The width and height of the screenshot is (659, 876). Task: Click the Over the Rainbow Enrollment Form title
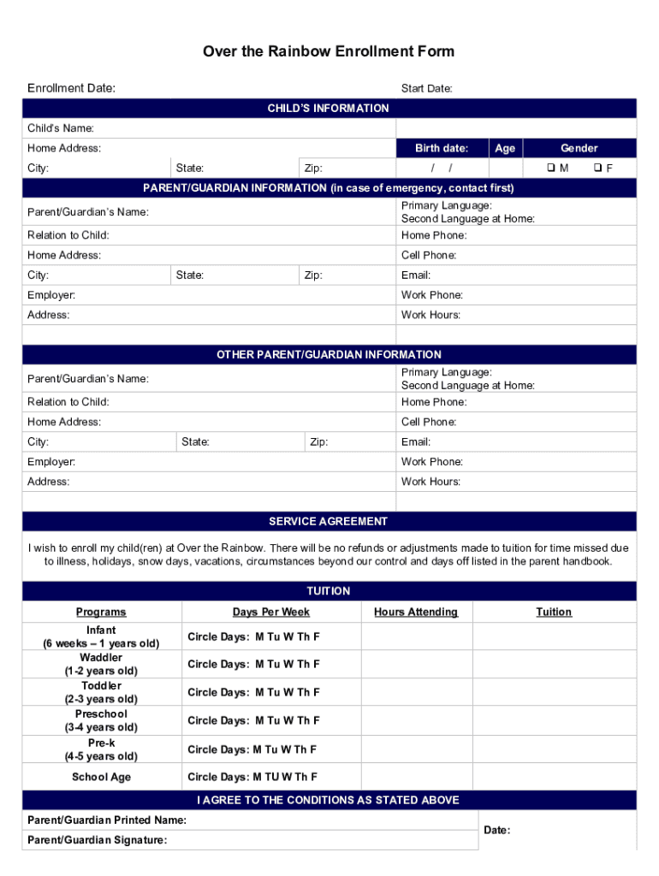pyautogui.click(x=329, y=52)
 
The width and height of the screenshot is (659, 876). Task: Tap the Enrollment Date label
pyautogui.click(x=71, y=88)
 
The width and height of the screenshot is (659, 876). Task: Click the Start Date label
pyautogui.click(x=426, y=89)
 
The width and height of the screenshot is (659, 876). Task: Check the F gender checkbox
pyautogui.click(x=598, y=168)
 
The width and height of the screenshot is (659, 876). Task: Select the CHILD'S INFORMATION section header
pyautogui.click(x=329, y=109)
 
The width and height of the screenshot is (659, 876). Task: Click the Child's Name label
pyautogui.click(x=61, y=128)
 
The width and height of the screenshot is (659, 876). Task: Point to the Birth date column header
pyautogui.click(x=442, y=148)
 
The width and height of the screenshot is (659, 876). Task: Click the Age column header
pyautogui.click(x=505, y=148)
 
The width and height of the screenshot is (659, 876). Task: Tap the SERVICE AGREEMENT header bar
pyautogui.click(x=329, y=521)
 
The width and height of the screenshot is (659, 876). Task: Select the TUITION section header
pyautogui.click(x=329, y=591)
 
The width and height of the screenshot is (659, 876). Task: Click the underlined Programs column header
pyautogui.click(x=101, y=612)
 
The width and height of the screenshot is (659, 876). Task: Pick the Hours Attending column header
pyautogui.click(x=416, y=612)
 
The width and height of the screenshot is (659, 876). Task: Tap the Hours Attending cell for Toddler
pyautogui.click(x=416, y=692)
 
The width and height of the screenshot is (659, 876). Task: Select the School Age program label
pyautogui.click(x=101, y=777)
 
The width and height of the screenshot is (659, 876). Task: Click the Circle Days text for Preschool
pyautogui.click(x=253, y=720)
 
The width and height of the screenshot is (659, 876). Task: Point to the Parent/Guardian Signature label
pyautogui.click(x=97, y=840)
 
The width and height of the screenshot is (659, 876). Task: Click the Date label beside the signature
pyautogui.click(x=497, y=830)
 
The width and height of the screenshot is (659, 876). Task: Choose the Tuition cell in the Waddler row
pyautogui.click(x=554, y=664)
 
